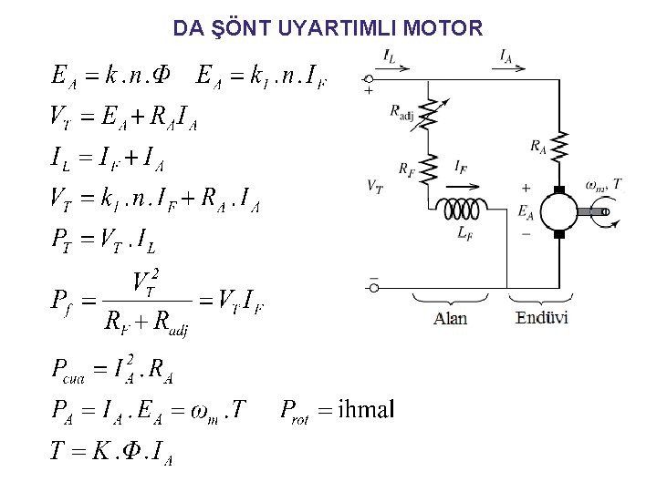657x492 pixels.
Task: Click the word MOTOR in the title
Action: [x=442, y=28]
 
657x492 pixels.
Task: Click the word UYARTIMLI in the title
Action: [x=335, y=28]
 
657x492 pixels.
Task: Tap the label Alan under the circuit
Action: [x=450, y=318]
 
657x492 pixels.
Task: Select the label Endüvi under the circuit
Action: [x=542, y=317]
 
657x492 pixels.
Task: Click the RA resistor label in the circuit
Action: [x=540, y=145]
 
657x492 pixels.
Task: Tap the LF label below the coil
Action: [x=464, y=232]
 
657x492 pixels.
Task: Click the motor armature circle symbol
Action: [x=558, y=211]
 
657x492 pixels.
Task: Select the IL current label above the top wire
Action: [x=390, y=56]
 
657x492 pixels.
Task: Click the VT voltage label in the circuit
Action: [x=374, y=185]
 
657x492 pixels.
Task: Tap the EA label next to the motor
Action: [x=526, y=210]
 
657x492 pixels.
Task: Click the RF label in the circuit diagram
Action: [x=405, y=169]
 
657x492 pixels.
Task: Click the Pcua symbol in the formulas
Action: [x=66, y=372]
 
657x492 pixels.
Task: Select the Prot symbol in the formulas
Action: [x=296, y=411]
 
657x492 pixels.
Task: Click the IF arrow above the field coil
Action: [x=462, y=179]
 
